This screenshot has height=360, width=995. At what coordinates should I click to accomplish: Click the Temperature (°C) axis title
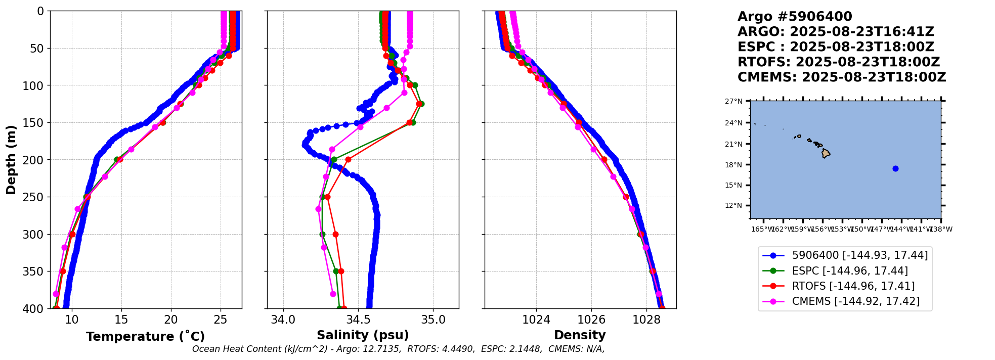pyautogui.click(x=145, y=337)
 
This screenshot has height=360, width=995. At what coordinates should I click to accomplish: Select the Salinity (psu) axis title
pyautogui.click(x=363, y=335)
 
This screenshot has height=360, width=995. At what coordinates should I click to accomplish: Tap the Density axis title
pyautogui.click(x=580, y=335)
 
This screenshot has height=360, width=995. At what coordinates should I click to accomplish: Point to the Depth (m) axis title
pyautogui.click(x=11, y=159)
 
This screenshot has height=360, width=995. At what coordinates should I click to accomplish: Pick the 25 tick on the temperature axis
pyautogui.click(x=221, y=320)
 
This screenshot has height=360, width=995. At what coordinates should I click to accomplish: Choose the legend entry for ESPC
pyautogui.click(x=850, y=271)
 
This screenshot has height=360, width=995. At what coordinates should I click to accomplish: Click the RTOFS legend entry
pyautogui.click(x=853, y=286)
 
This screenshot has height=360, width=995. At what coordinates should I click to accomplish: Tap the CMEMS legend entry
pyautogui.click(x=855, y=301)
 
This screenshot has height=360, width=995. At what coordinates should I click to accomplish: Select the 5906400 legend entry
pyautogui.click(x=859, y=256)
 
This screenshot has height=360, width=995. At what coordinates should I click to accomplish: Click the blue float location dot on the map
pyautogui.click(x=895, y=168)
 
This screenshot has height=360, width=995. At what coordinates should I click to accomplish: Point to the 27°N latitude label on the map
pyautogui.click(x=734, y=101)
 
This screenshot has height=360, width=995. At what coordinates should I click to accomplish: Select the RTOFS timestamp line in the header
pyautogui.click(x=838, y=62)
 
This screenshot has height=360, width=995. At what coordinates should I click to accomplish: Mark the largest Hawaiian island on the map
pyautogui.click(x=826, y=153)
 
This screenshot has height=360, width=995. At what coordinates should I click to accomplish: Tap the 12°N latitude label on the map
pyautogui.click(x=734, y=205)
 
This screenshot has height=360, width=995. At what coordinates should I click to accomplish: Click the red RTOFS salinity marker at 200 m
pyautogui.click(x=348, y=160)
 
